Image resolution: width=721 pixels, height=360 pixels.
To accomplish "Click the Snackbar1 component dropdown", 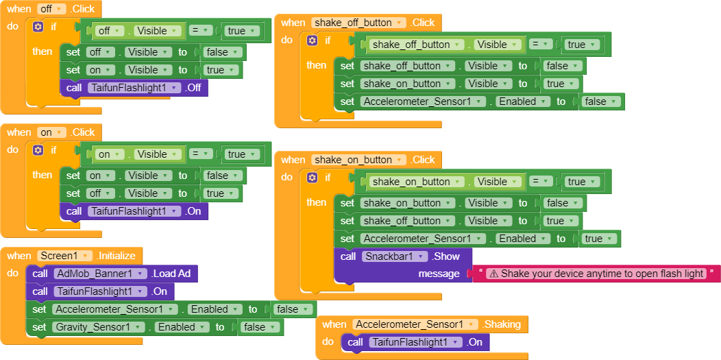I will pos(393,256).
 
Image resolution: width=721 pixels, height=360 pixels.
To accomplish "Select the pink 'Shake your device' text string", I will pos(602,274).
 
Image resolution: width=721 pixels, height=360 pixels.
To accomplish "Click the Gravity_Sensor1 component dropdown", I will pos(96,327).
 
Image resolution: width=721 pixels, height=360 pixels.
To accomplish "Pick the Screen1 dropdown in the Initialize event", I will pos(65,256).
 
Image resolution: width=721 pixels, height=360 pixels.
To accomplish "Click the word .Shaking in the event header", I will pos(502,324).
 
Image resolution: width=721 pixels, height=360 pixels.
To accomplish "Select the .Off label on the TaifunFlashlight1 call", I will pos(195,88).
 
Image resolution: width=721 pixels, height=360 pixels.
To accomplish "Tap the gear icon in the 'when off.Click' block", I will pos(38,27).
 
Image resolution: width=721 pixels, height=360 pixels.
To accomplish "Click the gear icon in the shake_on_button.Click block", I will pos(312,178).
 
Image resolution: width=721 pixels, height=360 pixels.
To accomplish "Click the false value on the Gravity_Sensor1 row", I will pos(258,327).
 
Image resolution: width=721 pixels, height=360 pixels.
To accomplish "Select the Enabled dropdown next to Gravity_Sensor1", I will pos(181,327).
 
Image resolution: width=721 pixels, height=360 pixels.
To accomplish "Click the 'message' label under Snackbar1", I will pos(439,274).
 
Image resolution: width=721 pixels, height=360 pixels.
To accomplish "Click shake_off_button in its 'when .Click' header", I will pos(358,23).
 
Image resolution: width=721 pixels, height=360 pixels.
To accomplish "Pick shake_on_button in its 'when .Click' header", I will pos(358,160).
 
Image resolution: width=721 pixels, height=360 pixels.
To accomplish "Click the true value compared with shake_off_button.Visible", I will pos(581,45).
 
